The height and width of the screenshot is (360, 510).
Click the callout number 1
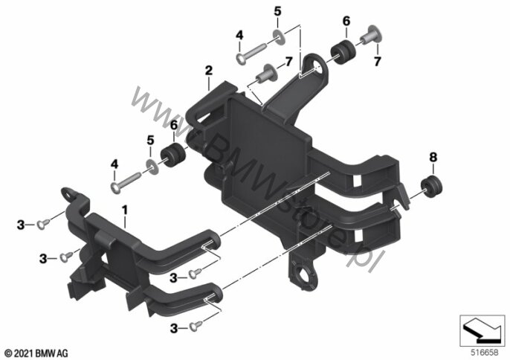(125, 210)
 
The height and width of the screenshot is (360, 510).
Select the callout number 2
(208, 71)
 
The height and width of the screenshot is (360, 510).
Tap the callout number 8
(433, 157)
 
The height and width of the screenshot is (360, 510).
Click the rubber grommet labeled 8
(431, 186)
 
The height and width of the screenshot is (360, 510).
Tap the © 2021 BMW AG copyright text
(36, 353)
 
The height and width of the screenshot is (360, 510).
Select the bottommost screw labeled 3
(196, 326)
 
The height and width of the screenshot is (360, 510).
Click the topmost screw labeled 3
(43, 224)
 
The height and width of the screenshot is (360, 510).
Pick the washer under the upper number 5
(280, 36)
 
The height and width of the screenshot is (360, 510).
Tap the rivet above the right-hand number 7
(372, 36)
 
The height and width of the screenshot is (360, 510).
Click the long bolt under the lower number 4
(126, 182)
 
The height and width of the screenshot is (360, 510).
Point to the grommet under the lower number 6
(174, 155)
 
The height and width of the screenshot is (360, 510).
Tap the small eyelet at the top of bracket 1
(70, 193)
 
